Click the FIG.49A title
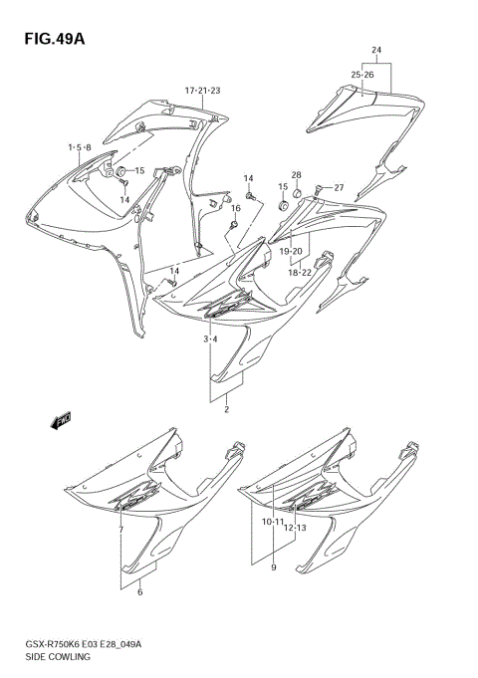coord(49,39)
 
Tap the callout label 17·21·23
coord(201,91)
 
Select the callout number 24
coord(376,50)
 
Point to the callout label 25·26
coord(361,75)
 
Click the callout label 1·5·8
coord(80,147)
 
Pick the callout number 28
coord(296,175)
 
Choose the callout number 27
coord(339,188)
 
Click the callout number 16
coord(236,208)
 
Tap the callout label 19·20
coord(291,251)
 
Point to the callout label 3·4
coord(211,340)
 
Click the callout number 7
coord(120,530)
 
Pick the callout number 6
coord(140,592)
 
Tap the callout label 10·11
coord(274,521)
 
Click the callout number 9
coord(274,568)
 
